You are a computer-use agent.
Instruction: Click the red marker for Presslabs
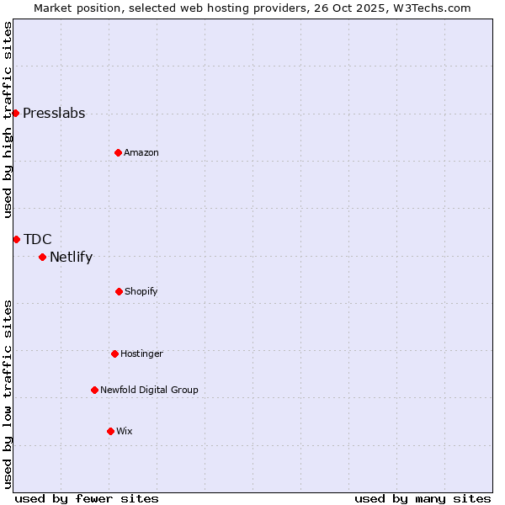[15, 113]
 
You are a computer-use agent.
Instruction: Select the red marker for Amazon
[118, 152]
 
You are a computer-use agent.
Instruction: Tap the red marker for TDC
[16, 239]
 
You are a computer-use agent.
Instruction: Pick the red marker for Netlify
[42, 257]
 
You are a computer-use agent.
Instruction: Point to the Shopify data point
[119, 291]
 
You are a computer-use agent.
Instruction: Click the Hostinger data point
[114, 353]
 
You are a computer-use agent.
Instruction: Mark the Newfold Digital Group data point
[94, 390]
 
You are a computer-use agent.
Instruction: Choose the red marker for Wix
[110, 431]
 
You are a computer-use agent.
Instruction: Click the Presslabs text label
[54, 114]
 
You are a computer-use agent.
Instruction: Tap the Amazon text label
[141, 153]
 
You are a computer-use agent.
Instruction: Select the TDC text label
[38, 240]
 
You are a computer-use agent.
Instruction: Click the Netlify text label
[71, 258]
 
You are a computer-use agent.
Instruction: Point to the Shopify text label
[141, 292]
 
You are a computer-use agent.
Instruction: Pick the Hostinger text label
[141, 354]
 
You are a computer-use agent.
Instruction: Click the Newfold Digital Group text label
[149, 391]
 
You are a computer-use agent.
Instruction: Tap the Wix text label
[125, 432]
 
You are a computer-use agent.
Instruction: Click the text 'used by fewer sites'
[87, 498]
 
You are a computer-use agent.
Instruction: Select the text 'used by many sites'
[423, 498]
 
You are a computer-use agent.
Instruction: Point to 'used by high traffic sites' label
[8, 120]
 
